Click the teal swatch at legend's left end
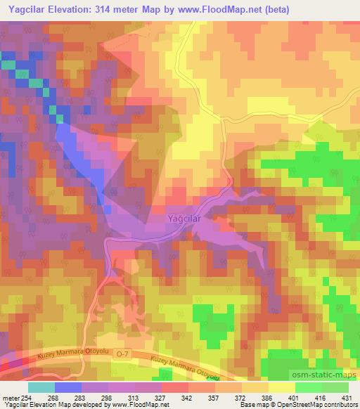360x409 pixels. click(41, 387)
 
